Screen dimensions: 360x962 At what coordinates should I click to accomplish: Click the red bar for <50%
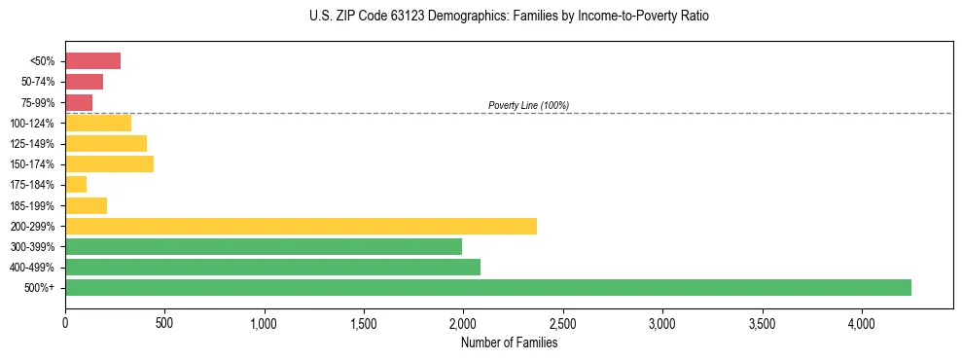[92, 61]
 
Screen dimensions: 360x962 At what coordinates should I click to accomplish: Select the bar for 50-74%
[84, 82]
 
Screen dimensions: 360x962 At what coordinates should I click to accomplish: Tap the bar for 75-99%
[79, 102]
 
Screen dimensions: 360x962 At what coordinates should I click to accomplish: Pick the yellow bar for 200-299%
[301, 226]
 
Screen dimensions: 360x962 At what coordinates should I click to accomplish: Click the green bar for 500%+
[488, 287]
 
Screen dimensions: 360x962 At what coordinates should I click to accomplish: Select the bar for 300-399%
[264, 246]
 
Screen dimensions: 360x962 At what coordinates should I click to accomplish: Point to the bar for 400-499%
[272, 267]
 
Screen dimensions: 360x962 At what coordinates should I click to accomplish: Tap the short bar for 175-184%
[76, 185]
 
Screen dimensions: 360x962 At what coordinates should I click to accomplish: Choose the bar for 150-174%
[109, 164]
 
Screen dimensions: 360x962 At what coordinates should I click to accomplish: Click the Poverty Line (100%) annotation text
[528, 105]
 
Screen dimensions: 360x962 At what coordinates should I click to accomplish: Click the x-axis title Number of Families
[509, 342]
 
